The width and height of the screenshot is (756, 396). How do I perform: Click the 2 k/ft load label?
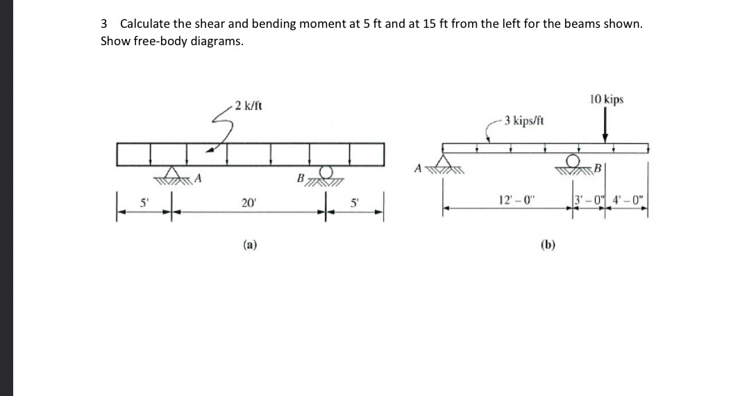point(248,106)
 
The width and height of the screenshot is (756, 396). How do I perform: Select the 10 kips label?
point(606,99)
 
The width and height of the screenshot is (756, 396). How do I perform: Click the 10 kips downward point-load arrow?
point(606,129)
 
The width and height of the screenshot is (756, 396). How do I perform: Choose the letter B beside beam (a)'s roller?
point(301,179)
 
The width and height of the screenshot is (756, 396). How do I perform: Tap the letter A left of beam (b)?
point(418,167)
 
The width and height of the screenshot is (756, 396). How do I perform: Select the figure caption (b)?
point(548,244)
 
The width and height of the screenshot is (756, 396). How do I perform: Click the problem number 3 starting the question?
point(104,24)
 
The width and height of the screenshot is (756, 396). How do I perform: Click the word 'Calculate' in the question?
point(146,24)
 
